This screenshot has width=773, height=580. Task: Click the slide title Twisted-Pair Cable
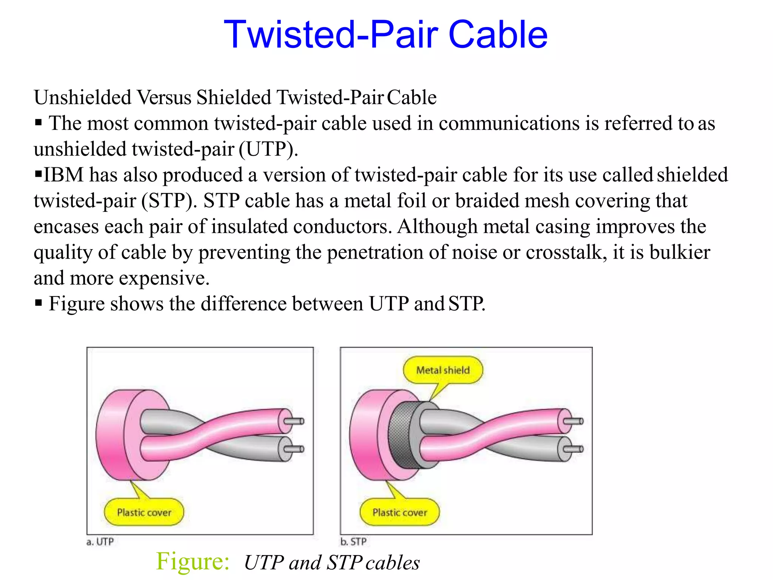[385, 35]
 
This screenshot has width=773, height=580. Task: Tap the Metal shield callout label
[443, 370]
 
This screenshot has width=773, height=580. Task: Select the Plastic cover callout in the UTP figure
[144, 512]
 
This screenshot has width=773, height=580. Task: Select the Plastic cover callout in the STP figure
[400, 512]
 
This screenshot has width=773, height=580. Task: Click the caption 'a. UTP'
[100, 542]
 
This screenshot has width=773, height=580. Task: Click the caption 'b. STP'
[353, 542]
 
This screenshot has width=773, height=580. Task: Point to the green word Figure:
[192, 561]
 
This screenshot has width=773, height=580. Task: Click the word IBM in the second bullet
[63, 175]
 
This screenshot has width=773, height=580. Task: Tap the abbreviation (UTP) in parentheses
[268, 149]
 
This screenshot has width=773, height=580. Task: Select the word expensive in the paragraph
[164, 278]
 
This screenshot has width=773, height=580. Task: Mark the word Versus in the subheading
[164, 97]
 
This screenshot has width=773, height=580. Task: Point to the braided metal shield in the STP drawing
[401, 434]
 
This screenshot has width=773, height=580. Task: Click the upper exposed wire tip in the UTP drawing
[294, 421]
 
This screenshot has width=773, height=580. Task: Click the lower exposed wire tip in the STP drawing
[574, 449]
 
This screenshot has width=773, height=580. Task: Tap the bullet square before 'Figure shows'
[38, 303]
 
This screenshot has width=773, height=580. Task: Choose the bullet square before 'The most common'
[38, 122]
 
